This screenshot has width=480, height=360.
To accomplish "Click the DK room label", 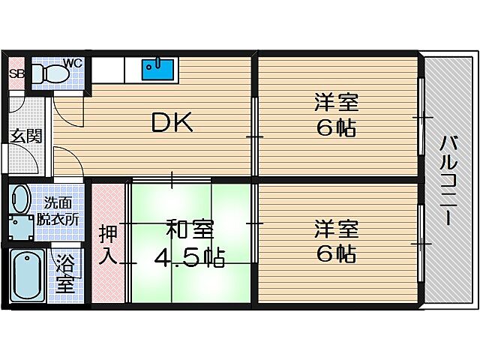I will point(172,122).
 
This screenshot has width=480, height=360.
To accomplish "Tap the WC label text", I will point(73,62).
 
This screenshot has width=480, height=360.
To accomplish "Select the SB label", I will point(16,74).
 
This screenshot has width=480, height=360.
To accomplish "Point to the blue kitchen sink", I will point(158,69).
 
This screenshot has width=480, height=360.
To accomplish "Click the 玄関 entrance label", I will point(25,136).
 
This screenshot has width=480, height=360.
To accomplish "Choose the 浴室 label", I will point(65,274).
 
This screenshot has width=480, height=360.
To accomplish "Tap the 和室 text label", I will point(189,227).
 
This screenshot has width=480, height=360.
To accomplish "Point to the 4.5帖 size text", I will point(189,259).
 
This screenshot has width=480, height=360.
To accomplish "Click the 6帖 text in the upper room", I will point(335,128).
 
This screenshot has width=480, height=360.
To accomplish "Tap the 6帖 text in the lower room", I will point(335,254).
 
